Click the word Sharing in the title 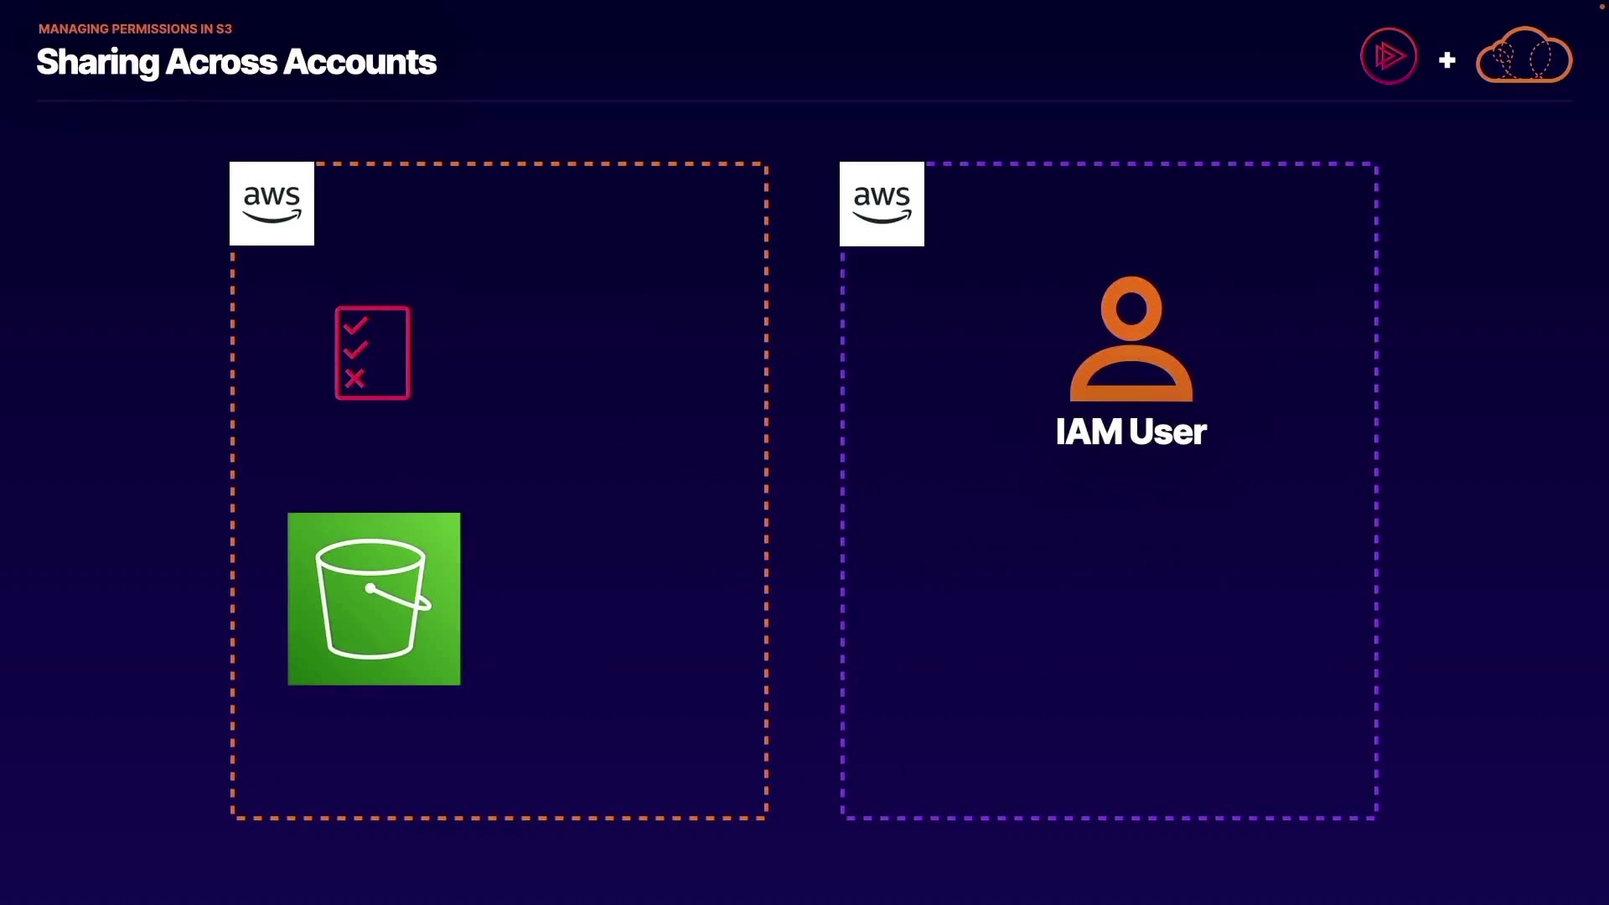click(x=97, y=62)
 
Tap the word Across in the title click(x=221, y=62)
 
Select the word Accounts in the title click(x=360, y=62)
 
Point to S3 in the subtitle click(x=224, y=28)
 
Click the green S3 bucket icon click(x=374, y=599)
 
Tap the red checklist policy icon click(x=373, y=353)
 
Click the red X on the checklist click(x=355, y=379)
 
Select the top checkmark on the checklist click(x=355, y=324)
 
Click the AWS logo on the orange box click(x=272, y=204)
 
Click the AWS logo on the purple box click(x=882, y=204)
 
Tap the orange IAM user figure click(x=1131, y=339)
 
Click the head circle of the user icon click(x=1131, y=308)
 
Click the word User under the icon click(x=1168, y=432)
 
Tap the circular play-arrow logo click(x=1389, y=56)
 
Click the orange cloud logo click(x=1524, y=55)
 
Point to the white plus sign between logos click(x=1446, y=60)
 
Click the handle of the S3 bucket click(x=399, y=596)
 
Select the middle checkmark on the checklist click(x=355, y=349)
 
